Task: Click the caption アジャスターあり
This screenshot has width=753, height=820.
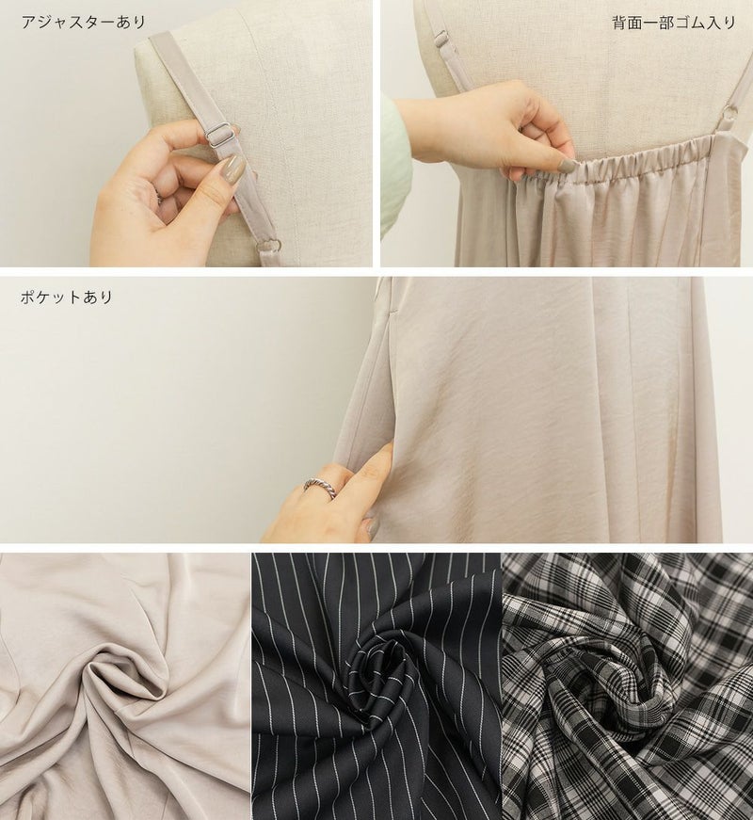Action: point(83,23)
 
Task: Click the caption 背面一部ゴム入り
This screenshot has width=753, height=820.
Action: point(674,23)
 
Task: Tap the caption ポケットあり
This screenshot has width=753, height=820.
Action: point(67,297)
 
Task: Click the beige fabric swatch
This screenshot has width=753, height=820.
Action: point(125,686)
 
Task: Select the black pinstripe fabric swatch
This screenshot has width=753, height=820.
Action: point(376,686)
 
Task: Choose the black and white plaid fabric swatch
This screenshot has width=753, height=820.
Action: point(628,686)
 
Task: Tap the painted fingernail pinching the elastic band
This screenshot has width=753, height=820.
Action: point(566,166)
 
